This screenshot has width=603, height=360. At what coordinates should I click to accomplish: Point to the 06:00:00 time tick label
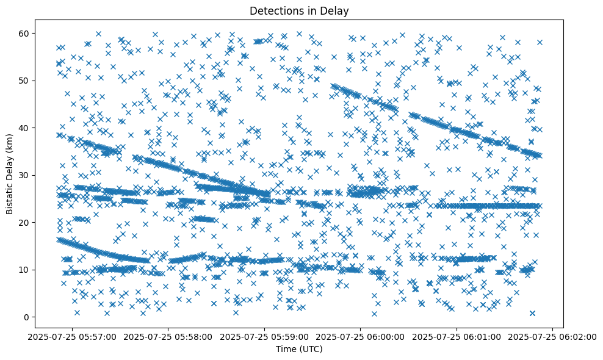(x=361, y=336)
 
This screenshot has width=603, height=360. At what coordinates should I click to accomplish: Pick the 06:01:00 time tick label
(x=457, y=336)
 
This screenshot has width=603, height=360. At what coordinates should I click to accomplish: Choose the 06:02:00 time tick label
(x=552, y=336)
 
